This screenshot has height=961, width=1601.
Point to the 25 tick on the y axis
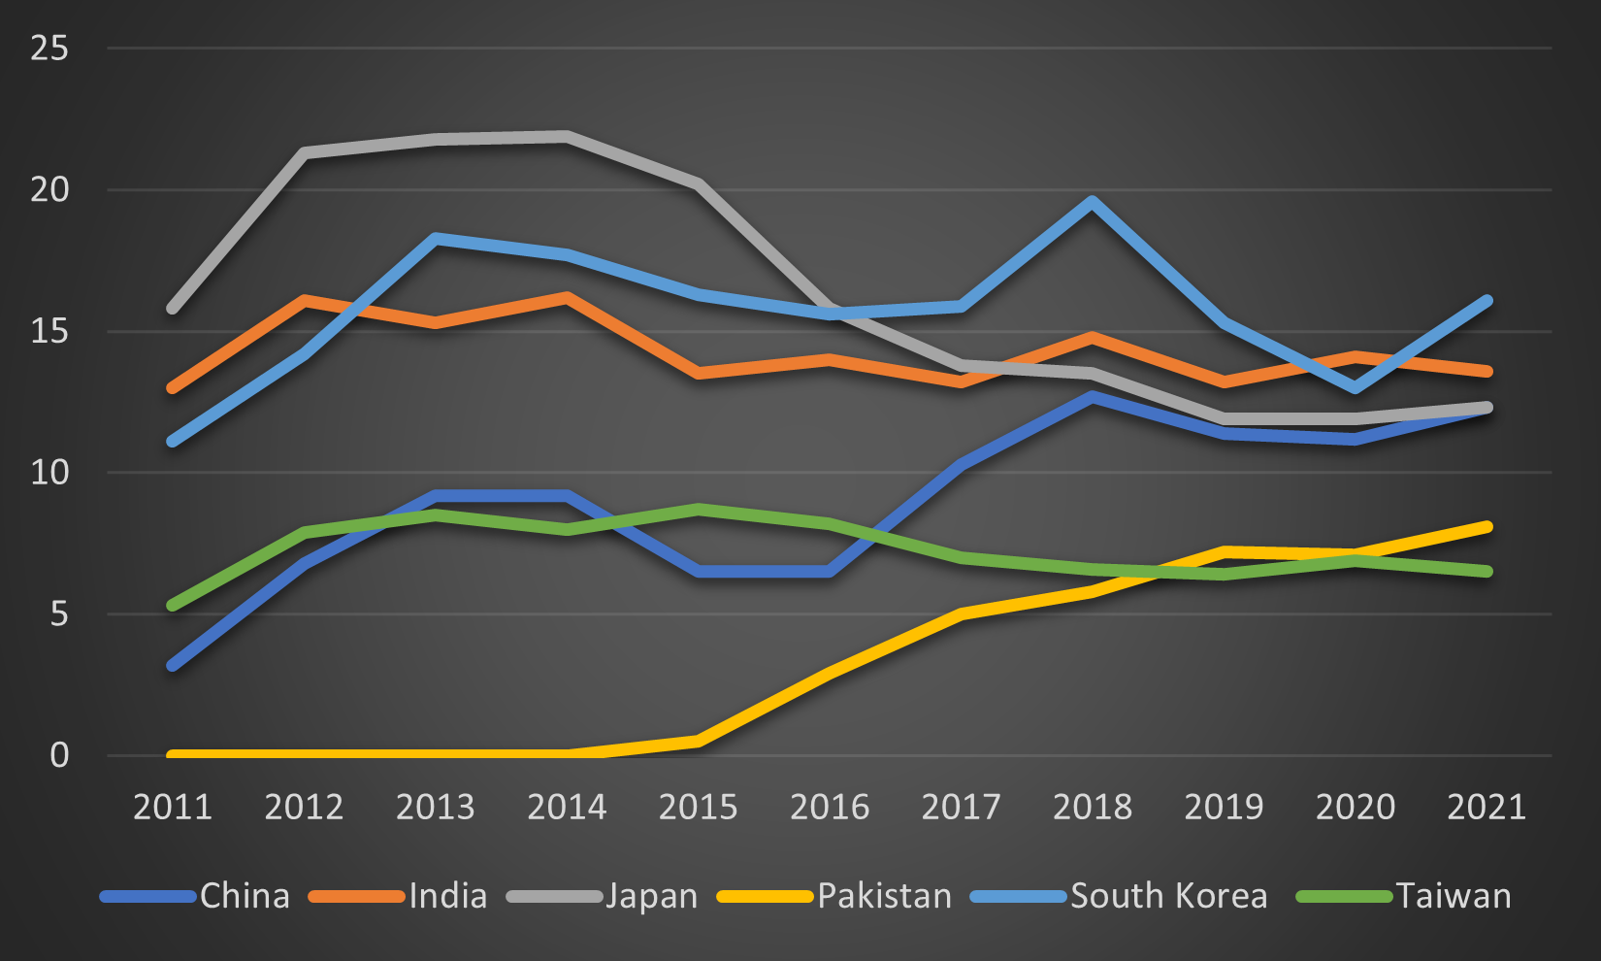coord(49,48)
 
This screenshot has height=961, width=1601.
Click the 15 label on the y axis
coord(49,331)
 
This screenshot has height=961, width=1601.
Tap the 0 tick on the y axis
coord(59,755)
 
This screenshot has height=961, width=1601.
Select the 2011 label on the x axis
coord(173,807)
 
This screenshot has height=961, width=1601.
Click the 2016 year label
coord(830,807)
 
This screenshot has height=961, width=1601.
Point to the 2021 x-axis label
coord(1487,807)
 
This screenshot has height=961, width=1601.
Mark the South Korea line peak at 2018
coord(1093,202)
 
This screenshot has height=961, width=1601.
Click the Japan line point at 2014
coord(567,136)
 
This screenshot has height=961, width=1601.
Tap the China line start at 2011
coord(173,666)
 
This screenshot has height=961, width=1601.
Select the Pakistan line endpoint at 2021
coord(1487,527)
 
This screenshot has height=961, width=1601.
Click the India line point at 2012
coord(305,300)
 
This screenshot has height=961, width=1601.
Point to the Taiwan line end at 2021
coord(1487,571)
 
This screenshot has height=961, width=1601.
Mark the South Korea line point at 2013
coord(436,238)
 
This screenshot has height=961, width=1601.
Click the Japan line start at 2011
coord(173,309)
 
